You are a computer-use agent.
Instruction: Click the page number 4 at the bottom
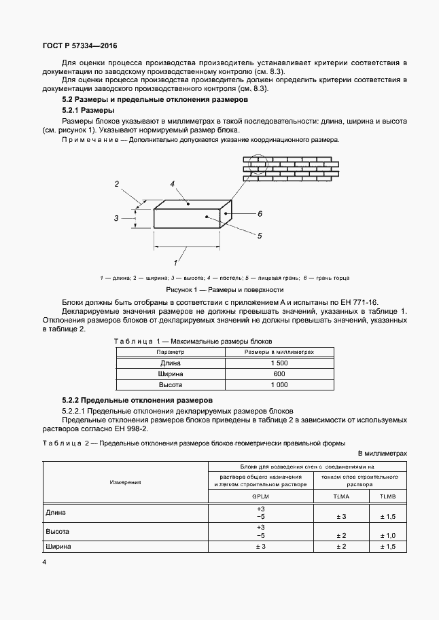(45, 562)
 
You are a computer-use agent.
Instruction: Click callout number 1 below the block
(176, 261)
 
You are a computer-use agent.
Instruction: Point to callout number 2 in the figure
(117, 184)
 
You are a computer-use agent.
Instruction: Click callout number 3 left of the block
(116, 218)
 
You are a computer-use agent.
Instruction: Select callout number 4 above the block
(173, 184)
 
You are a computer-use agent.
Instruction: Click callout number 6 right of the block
(260, 213)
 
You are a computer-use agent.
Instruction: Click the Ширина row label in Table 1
(171, 374)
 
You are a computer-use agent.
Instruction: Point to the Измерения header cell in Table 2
(126, 482)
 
